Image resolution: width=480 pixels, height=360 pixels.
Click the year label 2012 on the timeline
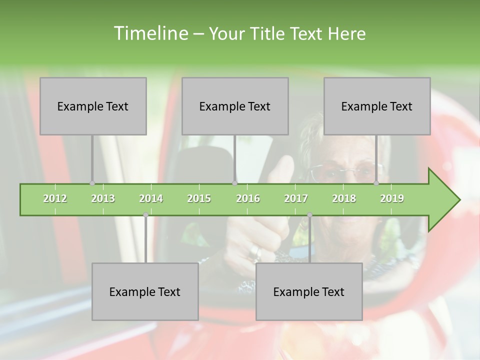coord(55,198)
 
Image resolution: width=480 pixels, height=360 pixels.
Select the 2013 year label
coord(103,198)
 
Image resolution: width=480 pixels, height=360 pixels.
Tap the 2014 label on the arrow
coord(151,198)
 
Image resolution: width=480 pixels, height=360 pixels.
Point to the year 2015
coord(199,198)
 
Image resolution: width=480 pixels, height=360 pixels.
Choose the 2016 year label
coord(248,198)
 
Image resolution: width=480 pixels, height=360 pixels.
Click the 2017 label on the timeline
coord(296,198)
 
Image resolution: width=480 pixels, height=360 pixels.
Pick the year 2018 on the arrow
coord(344,198)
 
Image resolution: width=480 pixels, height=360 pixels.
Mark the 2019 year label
coord(392,198)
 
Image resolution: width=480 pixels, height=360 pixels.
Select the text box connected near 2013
coord(93,106)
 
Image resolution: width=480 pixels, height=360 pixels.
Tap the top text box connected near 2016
coord(235,106)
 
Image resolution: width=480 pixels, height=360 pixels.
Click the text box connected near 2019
coord(377,106)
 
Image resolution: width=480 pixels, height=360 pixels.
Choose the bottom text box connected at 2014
coord(145,291)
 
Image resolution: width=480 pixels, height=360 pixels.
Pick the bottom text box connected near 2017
coord(309,291)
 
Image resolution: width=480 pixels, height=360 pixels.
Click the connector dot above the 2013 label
coord(92,183)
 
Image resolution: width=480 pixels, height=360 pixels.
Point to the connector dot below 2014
coord(145,215)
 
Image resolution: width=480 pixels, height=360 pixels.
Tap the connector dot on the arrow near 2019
coord(376,183)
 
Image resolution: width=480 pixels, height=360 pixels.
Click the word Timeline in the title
coord(150,33)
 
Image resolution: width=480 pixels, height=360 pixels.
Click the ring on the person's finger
coord(254,252)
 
